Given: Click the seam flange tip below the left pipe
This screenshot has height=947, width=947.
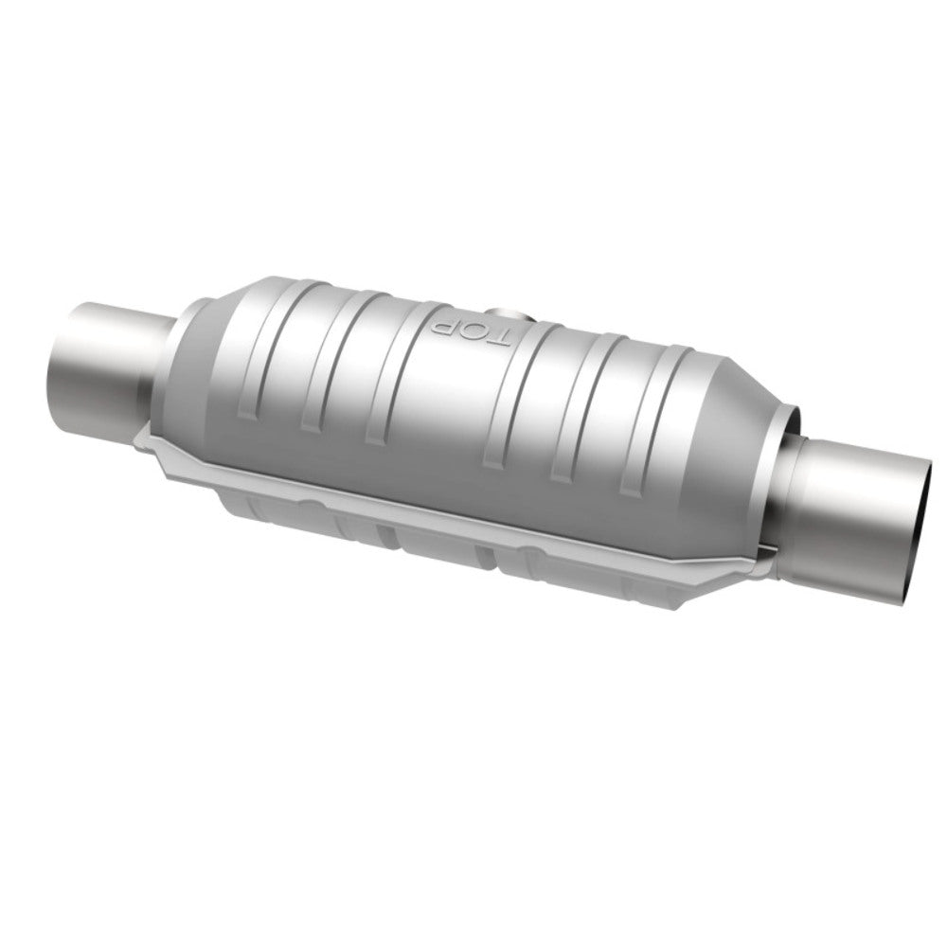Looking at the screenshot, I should coord(142,435).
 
